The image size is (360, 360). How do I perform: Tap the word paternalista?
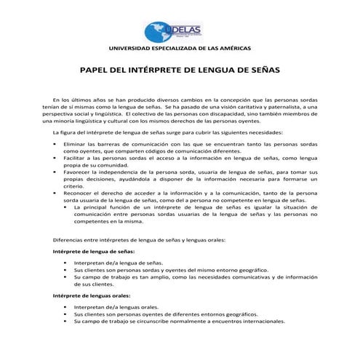pos(284,107)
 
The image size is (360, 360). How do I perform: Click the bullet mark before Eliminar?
pos(56,145)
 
